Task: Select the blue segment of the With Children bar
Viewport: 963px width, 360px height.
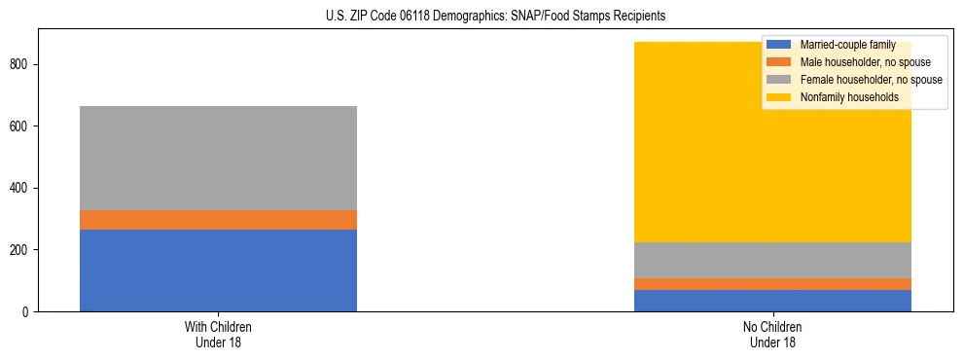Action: [218, 270]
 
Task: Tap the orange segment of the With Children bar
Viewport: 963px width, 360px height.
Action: [218, 220]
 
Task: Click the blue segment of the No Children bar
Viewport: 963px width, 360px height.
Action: [772, 301]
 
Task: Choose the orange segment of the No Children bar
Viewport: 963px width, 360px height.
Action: [772, 284]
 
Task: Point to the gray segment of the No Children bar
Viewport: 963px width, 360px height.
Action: [772, 260]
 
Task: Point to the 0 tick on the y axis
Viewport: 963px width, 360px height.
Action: [28, 312]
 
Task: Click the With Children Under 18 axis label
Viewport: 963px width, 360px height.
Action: [218, 335]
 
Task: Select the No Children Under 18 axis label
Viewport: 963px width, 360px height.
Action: [772, 335]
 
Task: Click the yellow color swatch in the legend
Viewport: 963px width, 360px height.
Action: [779, 97]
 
